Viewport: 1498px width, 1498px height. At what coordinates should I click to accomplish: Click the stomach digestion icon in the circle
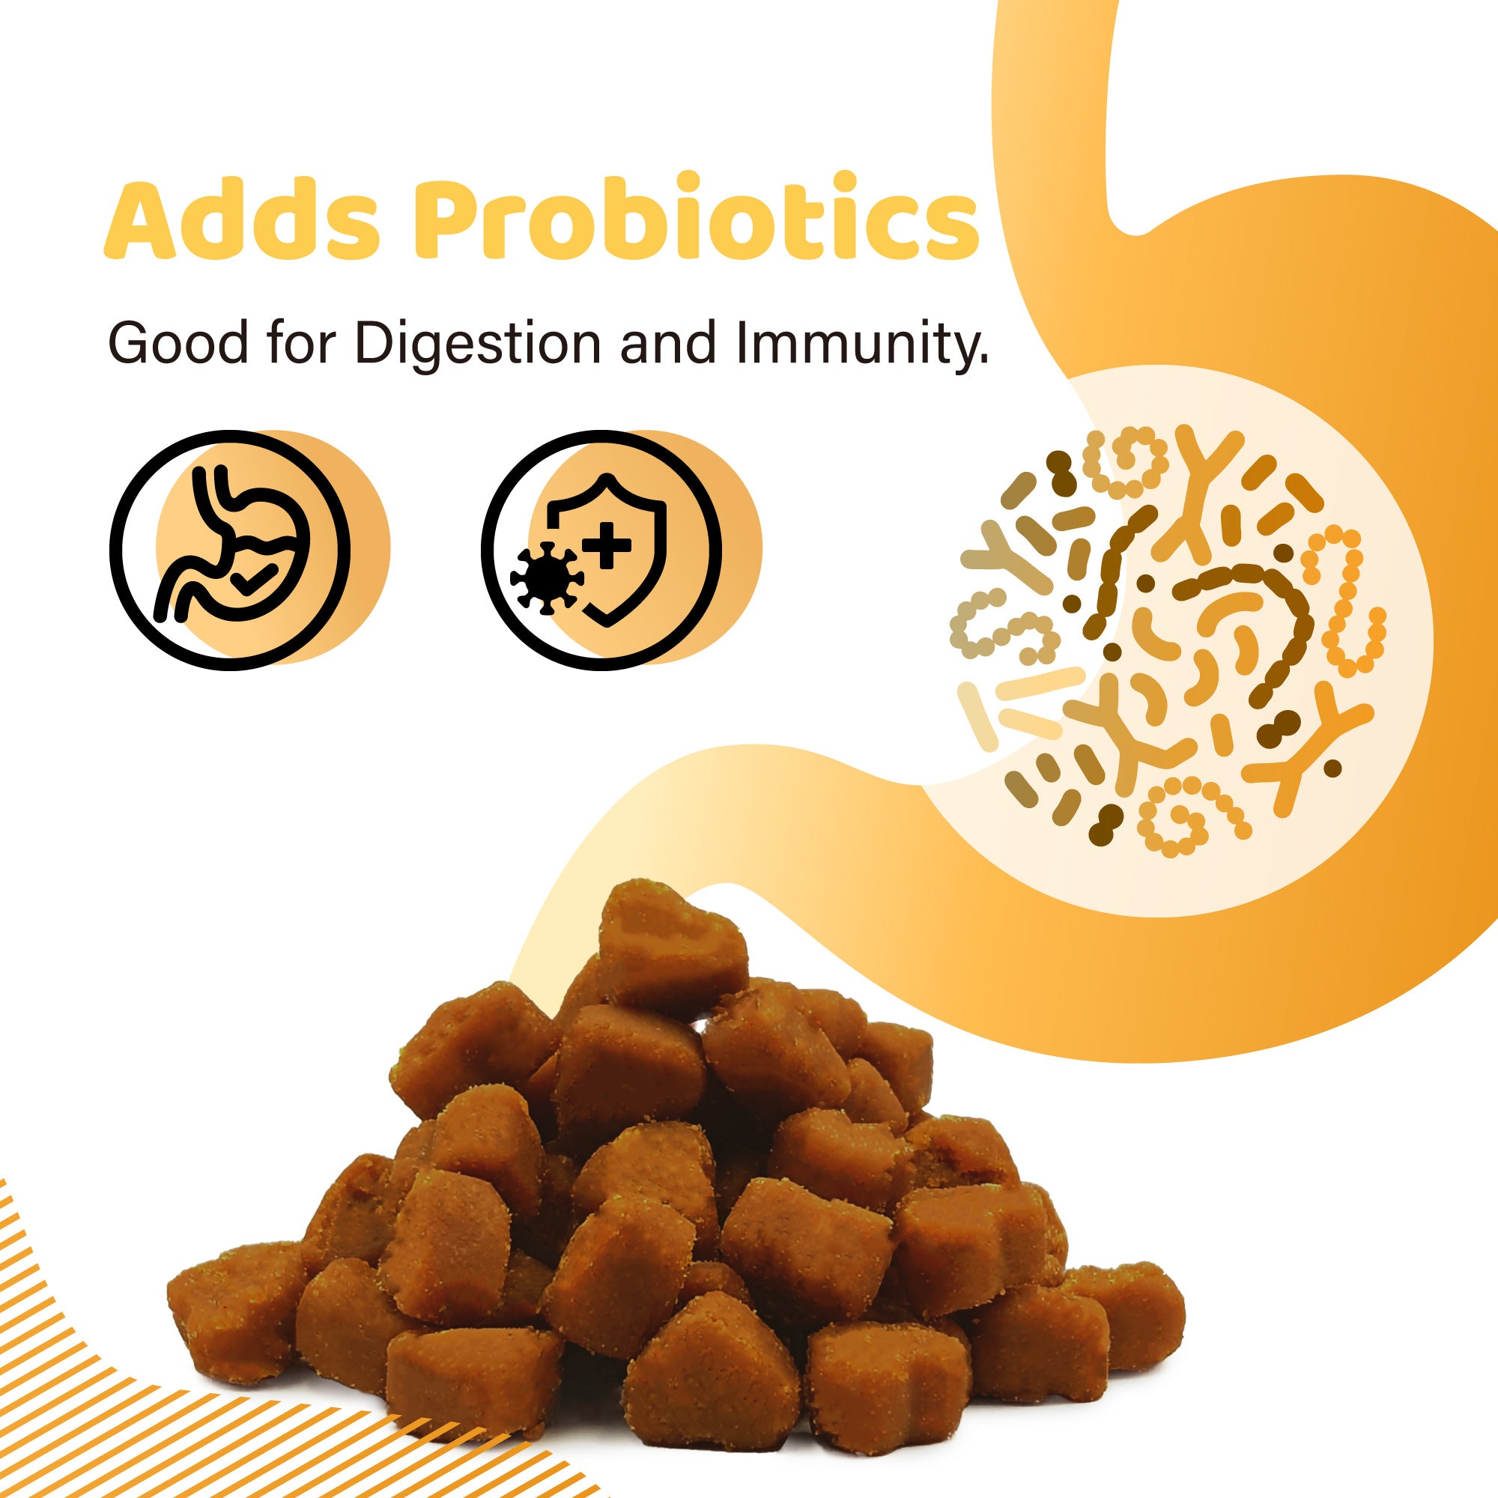click(x=230, y=548)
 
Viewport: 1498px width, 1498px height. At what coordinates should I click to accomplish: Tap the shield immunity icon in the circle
click(x=601, y=549)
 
